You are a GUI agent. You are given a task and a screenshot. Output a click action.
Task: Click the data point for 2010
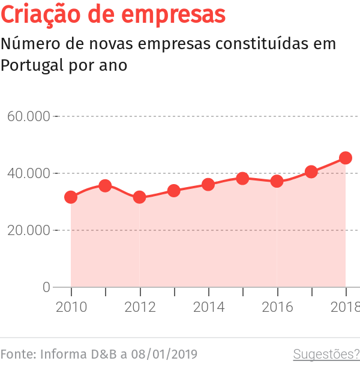pos(71,197)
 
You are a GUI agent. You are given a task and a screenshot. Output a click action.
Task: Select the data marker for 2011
pos(105,186)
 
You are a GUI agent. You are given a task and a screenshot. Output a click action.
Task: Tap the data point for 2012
pos(140,197)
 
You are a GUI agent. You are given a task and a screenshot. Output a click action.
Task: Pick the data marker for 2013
pos(174,191)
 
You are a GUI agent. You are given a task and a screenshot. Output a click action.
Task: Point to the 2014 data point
pos(208,184)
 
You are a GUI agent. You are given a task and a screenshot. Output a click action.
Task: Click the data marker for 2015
pos(242,178)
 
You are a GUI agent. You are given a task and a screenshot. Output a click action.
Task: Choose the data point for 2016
pos(277,181)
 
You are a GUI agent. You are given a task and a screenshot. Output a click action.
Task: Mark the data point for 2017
pos(311,172)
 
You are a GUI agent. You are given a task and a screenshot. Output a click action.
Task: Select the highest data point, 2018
pos(346,158)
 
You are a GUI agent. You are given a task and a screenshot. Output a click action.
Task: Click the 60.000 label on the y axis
pos(28,116)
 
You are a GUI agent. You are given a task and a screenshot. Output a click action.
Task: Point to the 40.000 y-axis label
pos(28,173)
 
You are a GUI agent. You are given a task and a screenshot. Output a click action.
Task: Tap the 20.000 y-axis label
pos(28,230)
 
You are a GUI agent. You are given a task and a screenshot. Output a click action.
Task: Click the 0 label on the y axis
pos(46,287)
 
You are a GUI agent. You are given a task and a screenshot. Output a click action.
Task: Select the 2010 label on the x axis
pos(71,307)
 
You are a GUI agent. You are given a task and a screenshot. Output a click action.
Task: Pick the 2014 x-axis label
pos(208,307)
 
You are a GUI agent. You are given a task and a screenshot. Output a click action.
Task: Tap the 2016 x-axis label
pos(277,307)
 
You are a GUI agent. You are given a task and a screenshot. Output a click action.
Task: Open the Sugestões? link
pos(326,354)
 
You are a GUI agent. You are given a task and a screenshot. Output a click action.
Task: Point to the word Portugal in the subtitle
pos(29,65)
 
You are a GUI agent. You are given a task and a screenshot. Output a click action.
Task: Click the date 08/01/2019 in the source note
pos(161,354)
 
